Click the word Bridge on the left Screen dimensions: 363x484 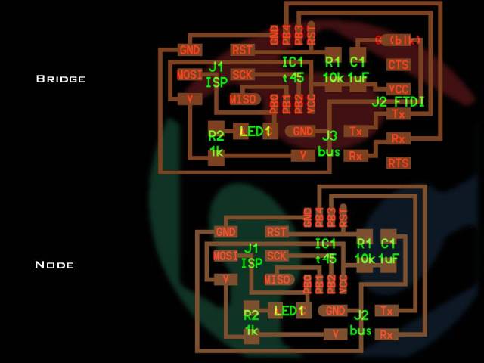pos(60,79)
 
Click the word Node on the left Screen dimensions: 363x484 pos(54,265)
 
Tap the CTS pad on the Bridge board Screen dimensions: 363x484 pos(398,65)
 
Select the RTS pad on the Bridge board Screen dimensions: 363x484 pos(398,163)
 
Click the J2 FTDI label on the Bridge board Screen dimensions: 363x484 pos(398,101)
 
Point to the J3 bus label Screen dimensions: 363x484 pos(329,144)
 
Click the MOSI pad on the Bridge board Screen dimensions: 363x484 pos(190,75)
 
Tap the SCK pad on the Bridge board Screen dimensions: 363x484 pos(242,74)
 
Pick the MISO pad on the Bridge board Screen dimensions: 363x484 pos(244,99)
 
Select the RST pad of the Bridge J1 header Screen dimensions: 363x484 pos(242,50)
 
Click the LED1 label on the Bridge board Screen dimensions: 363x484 pos(255,132)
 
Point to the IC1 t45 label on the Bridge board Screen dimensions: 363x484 pos(293,70)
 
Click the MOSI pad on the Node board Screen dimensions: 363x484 pos(225,256)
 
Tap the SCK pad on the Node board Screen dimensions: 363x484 pos(277,256)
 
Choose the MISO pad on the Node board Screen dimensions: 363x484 pos(278,280)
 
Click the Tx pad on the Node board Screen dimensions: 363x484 pos(386,310)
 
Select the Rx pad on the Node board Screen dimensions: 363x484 pos(386,334)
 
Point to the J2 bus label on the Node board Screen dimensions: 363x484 pos(361,323)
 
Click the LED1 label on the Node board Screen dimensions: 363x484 pos(289,311)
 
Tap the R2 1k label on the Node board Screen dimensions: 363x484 pos(251,323)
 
